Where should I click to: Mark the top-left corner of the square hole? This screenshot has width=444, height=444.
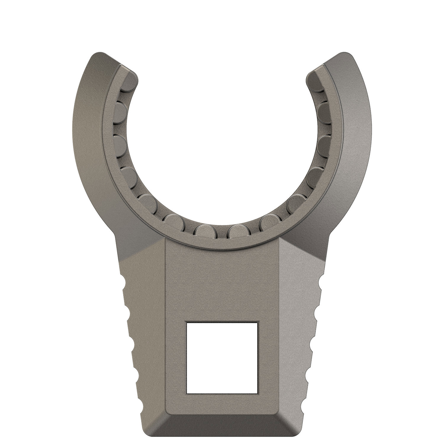186,322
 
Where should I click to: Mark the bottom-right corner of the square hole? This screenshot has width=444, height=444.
258,393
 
